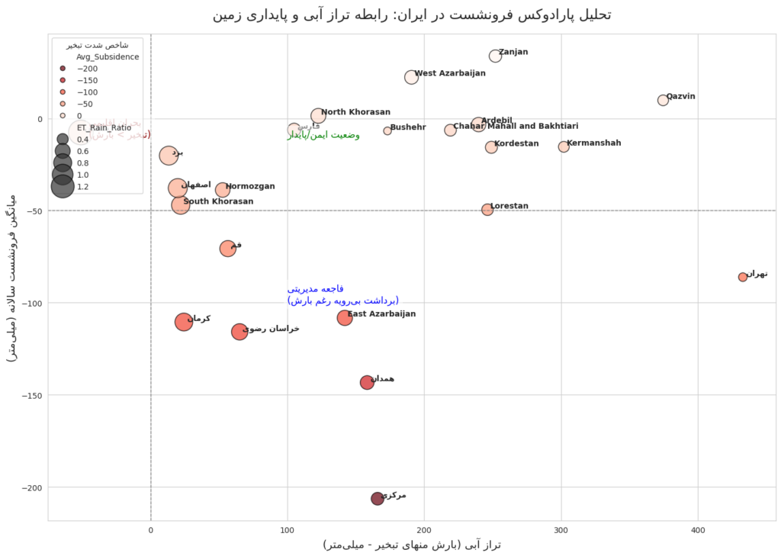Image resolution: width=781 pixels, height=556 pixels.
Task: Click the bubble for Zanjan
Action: (x=495, y=56)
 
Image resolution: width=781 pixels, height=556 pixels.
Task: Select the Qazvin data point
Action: (x=663, y=100)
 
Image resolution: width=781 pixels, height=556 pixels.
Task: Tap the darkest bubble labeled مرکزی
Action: (x=378, y=499)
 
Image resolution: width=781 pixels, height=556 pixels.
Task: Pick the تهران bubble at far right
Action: (x=743, y=277)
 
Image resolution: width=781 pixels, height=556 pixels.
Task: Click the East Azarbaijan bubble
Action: (x=345, y=318)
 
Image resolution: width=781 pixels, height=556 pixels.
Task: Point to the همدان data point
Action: (x=367, y=382)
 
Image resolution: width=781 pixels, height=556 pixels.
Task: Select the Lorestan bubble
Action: (x=487, y=210)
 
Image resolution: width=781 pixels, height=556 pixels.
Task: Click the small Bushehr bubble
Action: (x=387, y=130)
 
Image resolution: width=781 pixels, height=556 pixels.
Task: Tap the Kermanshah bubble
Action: (x=564, y=146)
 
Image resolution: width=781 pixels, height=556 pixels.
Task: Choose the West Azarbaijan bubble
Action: (x=411, y=77)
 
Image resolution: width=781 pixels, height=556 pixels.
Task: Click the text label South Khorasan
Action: (x=218, y=201)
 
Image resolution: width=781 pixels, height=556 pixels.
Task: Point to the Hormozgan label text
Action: (x=250, y=186)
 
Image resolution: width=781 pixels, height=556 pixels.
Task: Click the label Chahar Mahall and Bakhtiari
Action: (x=516, y=126)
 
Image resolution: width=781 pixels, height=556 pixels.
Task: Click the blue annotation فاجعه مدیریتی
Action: (x=316, y=289)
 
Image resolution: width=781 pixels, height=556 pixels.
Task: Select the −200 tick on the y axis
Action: (x=33, y=487)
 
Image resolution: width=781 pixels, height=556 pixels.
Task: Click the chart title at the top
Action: (x=412, y=14)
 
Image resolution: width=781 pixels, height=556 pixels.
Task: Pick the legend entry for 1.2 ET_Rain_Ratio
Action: (x=63, y=186)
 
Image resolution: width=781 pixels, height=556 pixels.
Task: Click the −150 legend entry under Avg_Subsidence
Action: (x=63, y=80)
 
